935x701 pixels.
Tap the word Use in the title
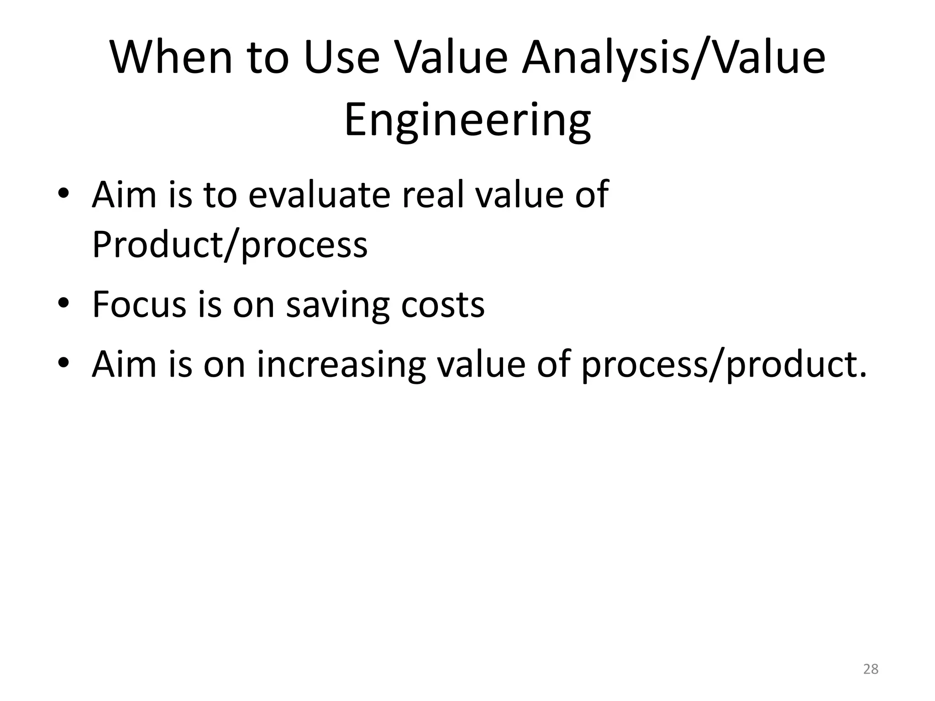(x=341, y=58)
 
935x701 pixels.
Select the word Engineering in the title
(x=467, y=120)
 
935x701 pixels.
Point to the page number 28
(x=871, y=669)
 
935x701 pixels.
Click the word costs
(x=442, y=304)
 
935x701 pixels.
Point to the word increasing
(x=341, y=365)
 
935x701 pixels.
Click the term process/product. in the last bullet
(x=724, y=365)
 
